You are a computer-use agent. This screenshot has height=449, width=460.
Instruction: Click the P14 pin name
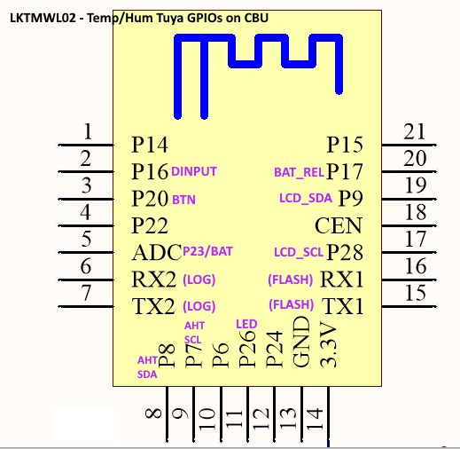(150, 145)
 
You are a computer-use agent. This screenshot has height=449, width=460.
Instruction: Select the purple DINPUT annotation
(194, 171)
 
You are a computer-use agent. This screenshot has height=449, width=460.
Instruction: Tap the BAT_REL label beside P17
(299, 172)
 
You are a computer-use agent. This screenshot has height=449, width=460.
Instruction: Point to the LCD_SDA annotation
(306, 198)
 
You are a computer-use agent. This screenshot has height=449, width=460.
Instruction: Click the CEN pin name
(339, 225)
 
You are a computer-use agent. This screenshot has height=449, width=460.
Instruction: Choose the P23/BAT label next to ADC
(207, 251)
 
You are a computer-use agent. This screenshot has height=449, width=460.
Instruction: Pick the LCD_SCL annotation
(299, 252)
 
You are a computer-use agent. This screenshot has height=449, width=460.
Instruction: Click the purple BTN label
(183, 200)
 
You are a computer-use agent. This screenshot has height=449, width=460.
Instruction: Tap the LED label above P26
(246, 324)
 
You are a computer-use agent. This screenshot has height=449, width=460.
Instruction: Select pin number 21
(415, 131)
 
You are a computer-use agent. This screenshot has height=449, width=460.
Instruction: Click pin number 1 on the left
(88, 131)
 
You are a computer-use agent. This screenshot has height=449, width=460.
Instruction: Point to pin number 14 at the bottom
(315, 418)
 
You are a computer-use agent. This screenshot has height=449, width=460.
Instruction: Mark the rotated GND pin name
(301, 342)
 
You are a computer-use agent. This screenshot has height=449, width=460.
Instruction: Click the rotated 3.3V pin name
(328, 345)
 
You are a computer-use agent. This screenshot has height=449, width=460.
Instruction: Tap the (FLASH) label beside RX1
(291, 280)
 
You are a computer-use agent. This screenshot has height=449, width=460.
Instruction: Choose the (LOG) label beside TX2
(199, 306)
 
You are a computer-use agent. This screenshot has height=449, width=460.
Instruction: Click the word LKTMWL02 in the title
(43, 18)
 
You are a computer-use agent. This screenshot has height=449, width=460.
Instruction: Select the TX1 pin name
(343, 306)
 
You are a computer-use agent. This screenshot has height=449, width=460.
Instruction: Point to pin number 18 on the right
(416, 212)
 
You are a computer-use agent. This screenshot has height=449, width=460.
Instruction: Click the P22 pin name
(150, 225)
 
